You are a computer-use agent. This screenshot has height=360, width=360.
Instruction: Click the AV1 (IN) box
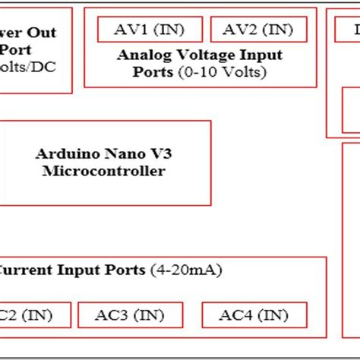point(150,30)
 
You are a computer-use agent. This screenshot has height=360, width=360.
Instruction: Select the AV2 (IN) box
point(258,30)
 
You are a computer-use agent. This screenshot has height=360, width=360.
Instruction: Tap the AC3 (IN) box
point(131,314)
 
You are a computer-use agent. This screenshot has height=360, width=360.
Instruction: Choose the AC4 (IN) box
point(254,314)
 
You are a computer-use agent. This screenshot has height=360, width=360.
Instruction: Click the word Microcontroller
point(103,171)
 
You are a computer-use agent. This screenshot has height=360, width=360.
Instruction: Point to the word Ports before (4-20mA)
point(127,270)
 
